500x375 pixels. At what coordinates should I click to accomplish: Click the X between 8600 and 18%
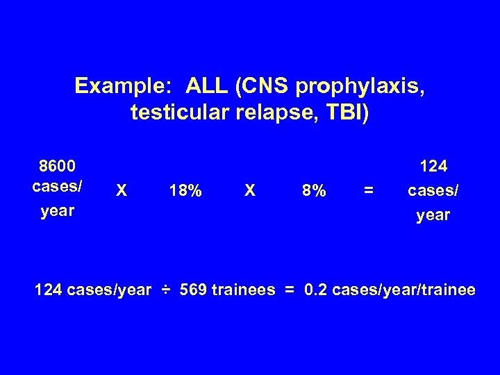point(122,190)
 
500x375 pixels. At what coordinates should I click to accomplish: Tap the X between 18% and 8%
point(251,190)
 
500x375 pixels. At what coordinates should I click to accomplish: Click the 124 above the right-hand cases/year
point(434,166)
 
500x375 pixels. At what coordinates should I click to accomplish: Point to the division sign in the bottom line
point(165,290)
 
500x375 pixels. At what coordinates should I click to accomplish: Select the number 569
point(195,290)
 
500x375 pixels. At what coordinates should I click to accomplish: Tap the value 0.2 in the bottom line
point(317,290)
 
